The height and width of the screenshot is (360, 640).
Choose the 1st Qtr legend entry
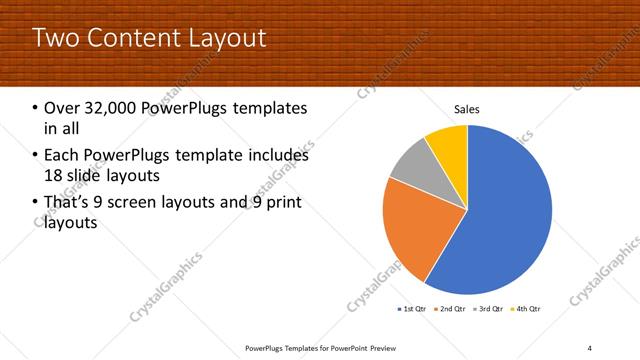click(413, 309)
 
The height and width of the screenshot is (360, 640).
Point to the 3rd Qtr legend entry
click(488, 309)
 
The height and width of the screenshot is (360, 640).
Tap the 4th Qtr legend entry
click(526, 309)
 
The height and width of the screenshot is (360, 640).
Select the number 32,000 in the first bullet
click(109, 108)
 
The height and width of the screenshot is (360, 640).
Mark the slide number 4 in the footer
click(589, 347)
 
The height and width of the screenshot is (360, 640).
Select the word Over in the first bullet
click(62, 108)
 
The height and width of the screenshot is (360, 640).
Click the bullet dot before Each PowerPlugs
click(36, 156)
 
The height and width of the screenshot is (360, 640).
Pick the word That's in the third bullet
click(69, 204)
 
